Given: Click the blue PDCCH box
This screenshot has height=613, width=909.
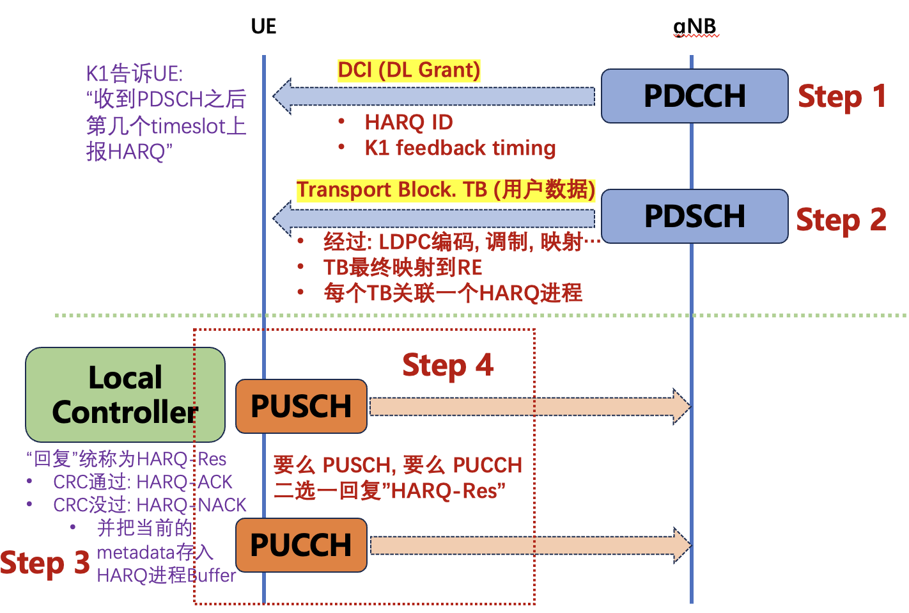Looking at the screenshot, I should pyautogui.click(x=694, y=96).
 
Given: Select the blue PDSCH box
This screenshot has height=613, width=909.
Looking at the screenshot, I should pyautogui.click(x=694, y=216).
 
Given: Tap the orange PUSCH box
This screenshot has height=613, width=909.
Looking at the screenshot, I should pyautogui.click(x=301, y=406).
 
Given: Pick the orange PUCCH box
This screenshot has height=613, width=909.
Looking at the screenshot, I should pyautogui.click(x=301, y=545).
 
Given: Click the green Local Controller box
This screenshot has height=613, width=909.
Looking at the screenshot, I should pyautogui.click(x=125, y=395).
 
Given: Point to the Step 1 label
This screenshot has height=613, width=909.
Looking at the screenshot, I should pyautogui.click(x=842, y=97).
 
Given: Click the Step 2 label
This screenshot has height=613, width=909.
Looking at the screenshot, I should pyautogui.click(x=841, y=219).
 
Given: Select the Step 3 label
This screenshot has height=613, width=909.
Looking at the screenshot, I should pyautogui.click(x=45, y=563).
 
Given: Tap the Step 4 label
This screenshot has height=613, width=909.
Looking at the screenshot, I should pyautogui.click(x=447, y=365).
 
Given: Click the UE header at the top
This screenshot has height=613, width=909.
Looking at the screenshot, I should pyautogui.click(x=263, y=26).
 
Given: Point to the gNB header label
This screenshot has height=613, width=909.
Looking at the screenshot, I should pyautogui.click(x=695, y=27).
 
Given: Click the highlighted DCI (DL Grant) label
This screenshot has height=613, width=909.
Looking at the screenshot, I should pyautogui.click(x=408, y=70).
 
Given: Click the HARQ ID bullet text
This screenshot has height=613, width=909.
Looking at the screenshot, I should pyautogui.click(x=408, y=122).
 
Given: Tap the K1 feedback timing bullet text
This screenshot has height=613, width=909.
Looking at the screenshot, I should pyautogui.click(x=460, y=148).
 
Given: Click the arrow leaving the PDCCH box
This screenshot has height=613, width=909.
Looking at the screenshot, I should pyautogui.click(x=435, y=96).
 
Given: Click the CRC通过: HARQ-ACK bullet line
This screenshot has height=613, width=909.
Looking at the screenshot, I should pyautogui.click(x=142, y=482).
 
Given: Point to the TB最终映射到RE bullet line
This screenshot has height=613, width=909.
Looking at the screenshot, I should pyautogui.click(x=403, y=267).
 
